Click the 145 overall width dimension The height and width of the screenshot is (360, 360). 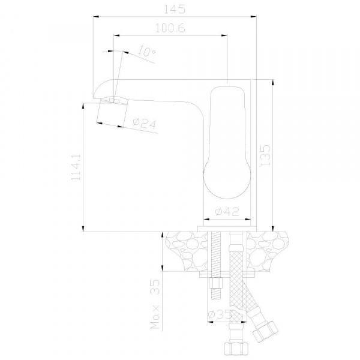click(175, 9)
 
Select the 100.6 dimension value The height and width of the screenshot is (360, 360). click(170, 28)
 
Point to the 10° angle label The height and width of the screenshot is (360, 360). click(147, 52)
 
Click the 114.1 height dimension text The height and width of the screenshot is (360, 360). click(76, 167)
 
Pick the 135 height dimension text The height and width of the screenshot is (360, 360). click(265, 155)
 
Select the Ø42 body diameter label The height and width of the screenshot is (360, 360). click(227, 211)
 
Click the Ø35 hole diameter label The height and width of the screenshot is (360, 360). click(218, 314)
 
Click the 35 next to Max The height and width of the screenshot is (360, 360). click(155, 287)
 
